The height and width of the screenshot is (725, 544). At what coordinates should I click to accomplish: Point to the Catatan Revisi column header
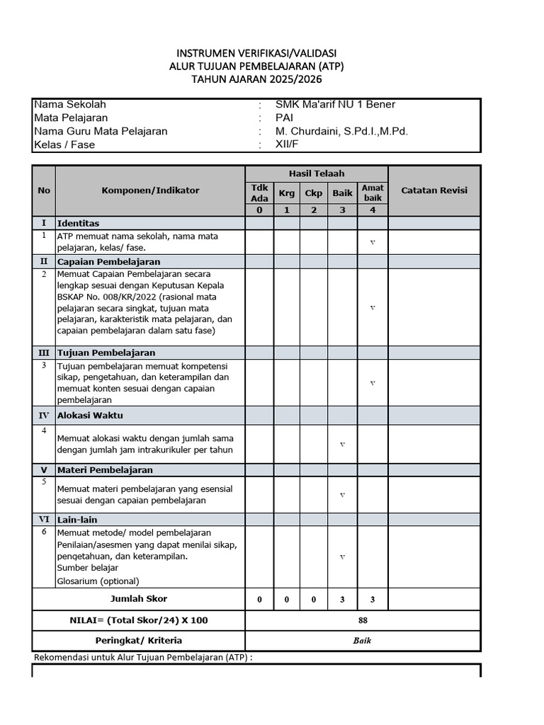tap(434, 190)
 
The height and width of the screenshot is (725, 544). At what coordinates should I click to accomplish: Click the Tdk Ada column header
tap(259, 193)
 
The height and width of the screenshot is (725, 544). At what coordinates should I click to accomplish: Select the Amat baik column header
tap(373, 193)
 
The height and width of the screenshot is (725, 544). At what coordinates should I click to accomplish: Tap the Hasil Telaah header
tap(316, 173)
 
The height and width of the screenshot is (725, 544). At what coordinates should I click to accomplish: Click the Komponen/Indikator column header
tap(150, 190)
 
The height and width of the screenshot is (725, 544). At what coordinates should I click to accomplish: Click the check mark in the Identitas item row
tap(373, 243)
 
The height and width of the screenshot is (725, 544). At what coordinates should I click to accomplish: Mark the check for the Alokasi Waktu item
tap(343, 445)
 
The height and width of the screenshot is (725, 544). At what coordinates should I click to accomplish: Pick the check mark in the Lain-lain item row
tap(343, 557)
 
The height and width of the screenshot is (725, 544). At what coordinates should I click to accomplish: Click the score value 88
tap(363, 620)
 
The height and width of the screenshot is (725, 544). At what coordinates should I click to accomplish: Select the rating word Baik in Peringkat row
tap(363, 641)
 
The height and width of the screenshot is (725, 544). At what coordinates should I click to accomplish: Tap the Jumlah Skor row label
tap(139, 599)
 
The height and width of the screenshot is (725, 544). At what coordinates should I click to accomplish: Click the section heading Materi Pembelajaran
tap(105, 470)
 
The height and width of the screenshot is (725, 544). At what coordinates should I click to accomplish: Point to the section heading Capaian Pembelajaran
tap(108, 262)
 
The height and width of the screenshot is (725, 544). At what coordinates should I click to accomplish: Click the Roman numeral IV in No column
tap(44, 416)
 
